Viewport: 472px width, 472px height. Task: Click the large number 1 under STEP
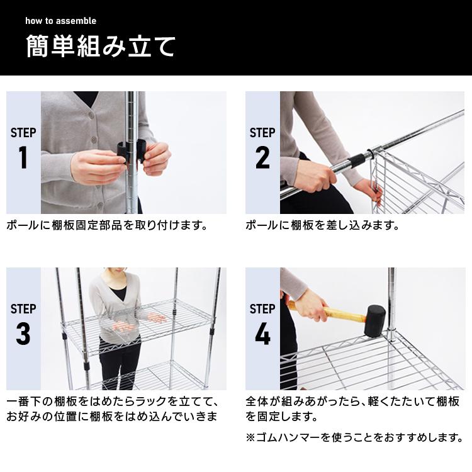(23, 157)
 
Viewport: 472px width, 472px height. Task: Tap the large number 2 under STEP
(262, 157)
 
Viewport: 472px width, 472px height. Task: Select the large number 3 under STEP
(23, 334)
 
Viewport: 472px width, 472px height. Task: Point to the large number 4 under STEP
(262, 334)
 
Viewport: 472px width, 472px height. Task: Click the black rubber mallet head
(375, 321)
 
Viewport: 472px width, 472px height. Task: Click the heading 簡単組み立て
(101, 47)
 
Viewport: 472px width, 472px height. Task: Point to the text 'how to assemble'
(61, 21)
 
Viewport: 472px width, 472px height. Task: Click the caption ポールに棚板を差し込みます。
(322, 225)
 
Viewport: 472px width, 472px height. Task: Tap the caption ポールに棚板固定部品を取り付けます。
(107, 225)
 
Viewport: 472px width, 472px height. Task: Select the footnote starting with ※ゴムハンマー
(354, 437)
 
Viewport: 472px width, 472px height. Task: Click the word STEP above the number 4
(262, 309)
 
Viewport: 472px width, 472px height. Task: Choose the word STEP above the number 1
(23, 133)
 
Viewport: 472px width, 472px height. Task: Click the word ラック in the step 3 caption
(152, 402)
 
